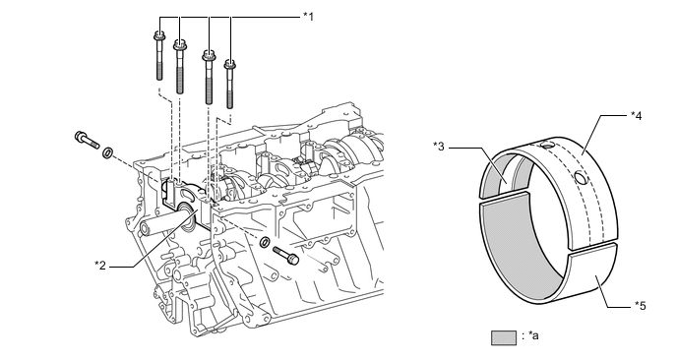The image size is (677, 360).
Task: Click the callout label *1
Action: point(308,17)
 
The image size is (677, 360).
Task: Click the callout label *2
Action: point(100,265)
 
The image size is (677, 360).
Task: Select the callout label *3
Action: point(439,147)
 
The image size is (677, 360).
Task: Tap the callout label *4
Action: point(637,116)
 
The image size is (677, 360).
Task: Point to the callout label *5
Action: point(641,306)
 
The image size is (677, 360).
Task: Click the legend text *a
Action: point(533,335)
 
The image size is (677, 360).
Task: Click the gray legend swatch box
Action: point(504,338)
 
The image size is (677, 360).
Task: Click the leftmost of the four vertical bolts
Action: point(158,56)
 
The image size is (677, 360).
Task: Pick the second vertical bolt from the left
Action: point(179,67)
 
